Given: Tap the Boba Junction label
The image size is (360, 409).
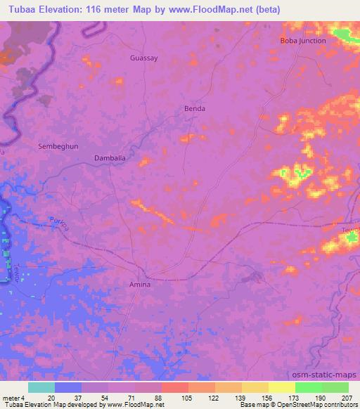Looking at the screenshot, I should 303,41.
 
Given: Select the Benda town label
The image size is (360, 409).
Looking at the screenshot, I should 194,109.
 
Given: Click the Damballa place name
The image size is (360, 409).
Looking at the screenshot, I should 110,159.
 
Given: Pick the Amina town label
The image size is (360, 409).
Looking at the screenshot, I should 140,285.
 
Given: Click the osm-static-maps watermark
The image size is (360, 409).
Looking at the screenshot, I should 329,375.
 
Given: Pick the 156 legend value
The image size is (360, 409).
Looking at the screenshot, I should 268,397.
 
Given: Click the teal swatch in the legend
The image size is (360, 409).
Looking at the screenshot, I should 41,387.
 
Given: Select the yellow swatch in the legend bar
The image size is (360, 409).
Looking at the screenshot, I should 282,387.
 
